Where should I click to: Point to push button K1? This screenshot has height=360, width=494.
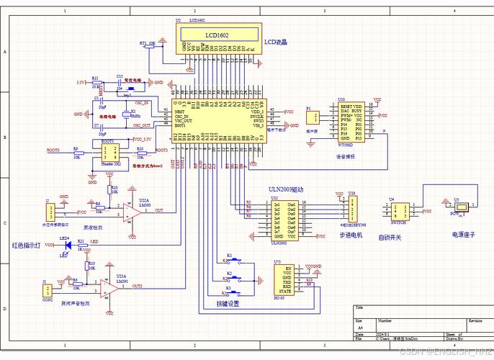pos(240,259)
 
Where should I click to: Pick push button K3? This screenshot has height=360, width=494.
pos(239,292)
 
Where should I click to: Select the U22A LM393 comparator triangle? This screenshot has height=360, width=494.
pos(130,211)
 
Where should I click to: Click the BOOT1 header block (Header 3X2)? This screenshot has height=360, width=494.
pos(107,154)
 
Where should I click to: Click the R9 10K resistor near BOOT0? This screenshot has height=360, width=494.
pos(76,152)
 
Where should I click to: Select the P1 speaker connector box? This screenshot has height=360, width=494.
pos(312,119)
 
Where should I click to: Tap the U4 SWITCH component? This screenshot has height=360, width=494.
pos(398,210)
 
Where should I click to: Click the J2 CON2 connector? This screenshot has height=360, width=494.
pos(48,290)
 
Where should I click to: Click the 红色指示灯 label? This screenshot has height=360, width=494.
pos(27,245)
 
